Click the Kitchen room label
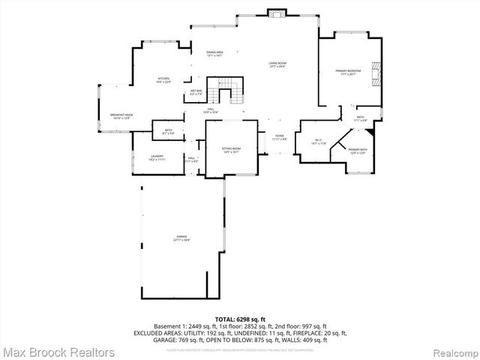click(x=163, y=80)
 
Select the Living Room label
click(x=277, y=65)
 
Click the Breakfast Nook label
click(x=121, y=117)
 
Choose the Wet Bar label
click(x=196, y=92)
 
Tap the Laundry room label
click(x=157, y=157)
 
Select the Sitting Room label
click(x=231, y=150)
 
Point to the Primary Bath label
click(x=357, y=152)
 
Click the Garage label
click(x=181, y=238)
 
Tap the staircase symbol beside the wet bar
click(x=226, y=91)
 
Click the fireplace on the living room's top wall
click(x=277, y=13)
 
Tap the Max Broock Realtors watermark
click(x=58, y=352)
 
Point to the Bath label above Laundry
click(x=168, y=131)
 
